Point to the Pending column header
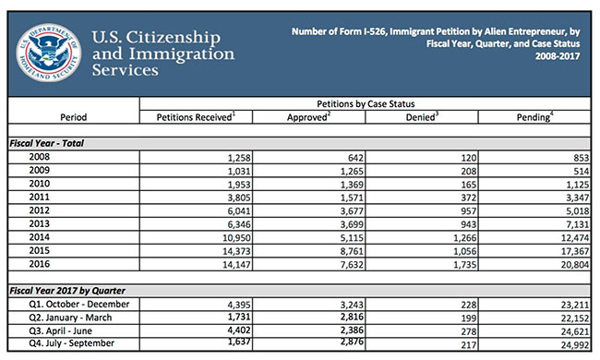pyautogui.click(x=542, y=116)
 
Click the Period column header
pyautogui.click(x=73, y=117)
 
